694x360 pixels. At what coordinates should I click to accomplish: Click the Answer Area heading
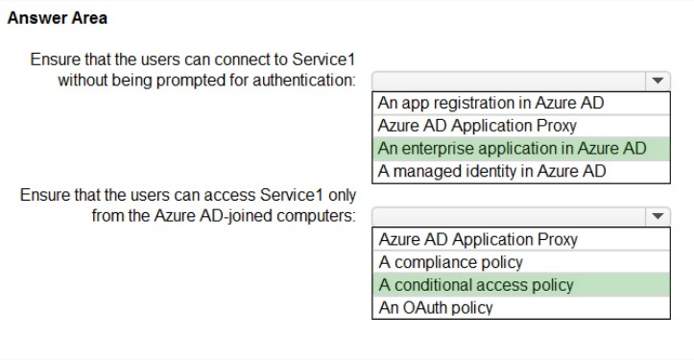click(57, 18)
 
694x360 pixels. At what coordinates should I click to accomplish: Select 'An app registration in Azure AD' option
click(491, 103)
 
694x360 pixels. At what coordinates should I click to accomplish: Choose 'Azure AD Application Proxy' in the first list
click(477, 126)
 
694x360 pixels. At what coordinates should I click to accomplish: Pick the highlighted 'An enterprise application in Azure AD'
click(512, 149)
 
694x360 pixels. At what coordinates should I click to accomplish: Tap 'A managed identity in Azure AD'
click(491, 171)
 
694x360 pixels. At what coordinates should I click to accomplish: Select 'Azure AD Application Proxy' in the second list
click(478, 239)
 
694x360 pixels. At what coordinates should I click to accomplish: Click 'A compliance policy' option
click(450, 262)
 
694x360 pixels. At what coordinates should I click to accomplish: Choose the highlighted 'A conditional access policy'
click(476, 285)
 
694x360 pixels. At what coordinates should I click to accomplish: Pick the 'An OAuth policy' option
click(436, 307)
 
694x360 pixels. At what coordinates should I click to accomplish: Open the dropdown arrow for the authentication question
click(658, 81)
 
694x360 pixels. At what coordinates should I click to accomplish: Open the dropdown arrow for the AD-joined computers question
click(658, 217)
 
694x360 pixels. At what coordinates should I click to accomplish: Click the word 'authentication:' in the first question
click(304, 80)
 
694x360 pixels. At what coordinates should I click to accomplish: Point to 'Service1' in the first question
click(323, 60)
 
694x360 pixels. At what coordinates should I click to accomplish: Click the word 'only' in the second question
click(342, 195)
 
